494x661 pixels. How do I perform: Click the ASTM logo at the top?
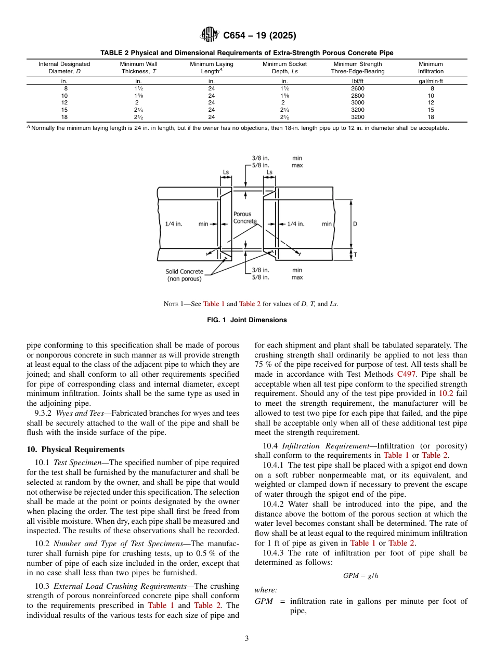210,35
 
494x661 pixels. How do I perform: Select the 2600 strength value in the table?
357,89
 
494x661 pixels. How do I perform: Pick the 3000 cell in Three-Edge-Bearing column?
357,103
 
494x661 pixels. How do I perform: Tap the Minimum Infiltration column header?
431,68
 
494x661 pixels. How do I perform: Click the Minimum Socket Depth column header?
284,68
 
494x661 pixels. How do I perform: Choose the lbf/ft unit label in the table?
357,82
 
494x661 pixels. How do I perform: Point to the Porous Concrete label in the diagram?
242,217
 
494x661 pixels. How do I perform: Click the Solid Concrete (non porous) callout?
184,275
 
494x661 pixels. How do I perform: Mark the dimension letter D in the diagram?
355,224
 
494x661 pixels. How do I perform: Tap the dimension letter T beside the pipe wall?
355,255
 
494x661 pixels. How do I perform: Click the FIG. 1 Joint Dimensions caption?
246,320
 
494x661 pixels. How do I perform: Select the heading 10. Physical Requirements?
76,450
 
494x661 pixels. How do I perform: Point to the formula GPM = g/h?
360,576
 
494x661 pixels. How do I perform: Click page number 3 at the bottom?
246,639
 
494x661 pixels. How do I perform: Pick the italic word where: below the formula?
266,590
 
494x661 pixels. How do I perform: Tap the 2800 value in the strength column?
357,96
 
